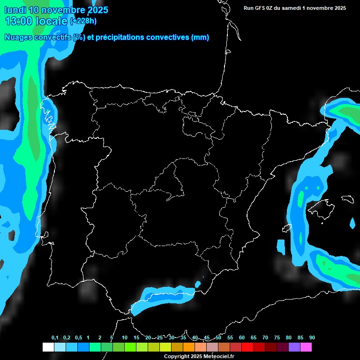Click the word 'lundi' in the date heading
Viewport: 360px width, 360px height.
(x=15, y=10)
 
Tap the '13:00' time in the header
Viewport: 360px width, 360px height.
(x=19, y=21)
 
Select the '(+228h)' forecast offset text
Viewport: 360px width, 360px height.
(x=83, y=21)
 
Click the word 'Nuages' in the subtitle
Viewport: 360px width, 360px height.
(x=18, y=37)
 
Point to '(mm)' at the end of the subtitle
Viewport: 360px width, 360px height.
(x=200, y=37)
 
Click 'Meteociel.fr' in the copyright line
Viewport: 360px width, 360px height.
(x=218, y=357)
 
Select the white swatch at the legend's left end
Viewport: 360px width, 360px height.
(x=48, y=347)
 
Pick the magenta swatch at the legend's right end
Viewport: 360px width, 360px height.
(x=306, y=347)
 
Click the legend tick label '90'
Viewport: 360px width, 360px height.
(x=312, y=338)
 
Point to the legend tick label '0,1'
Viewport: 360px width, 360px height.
(x=55, y=338)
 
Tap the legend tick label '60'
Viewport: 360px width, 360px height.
(x=241, y=338)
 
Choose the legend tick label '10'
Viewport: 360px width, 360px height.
(x=124, y=338)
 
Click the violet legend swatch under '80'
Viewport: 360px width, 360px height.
(x=294, y=347)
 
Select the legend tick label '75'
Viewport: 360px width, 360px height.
(x=277, y=338)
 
